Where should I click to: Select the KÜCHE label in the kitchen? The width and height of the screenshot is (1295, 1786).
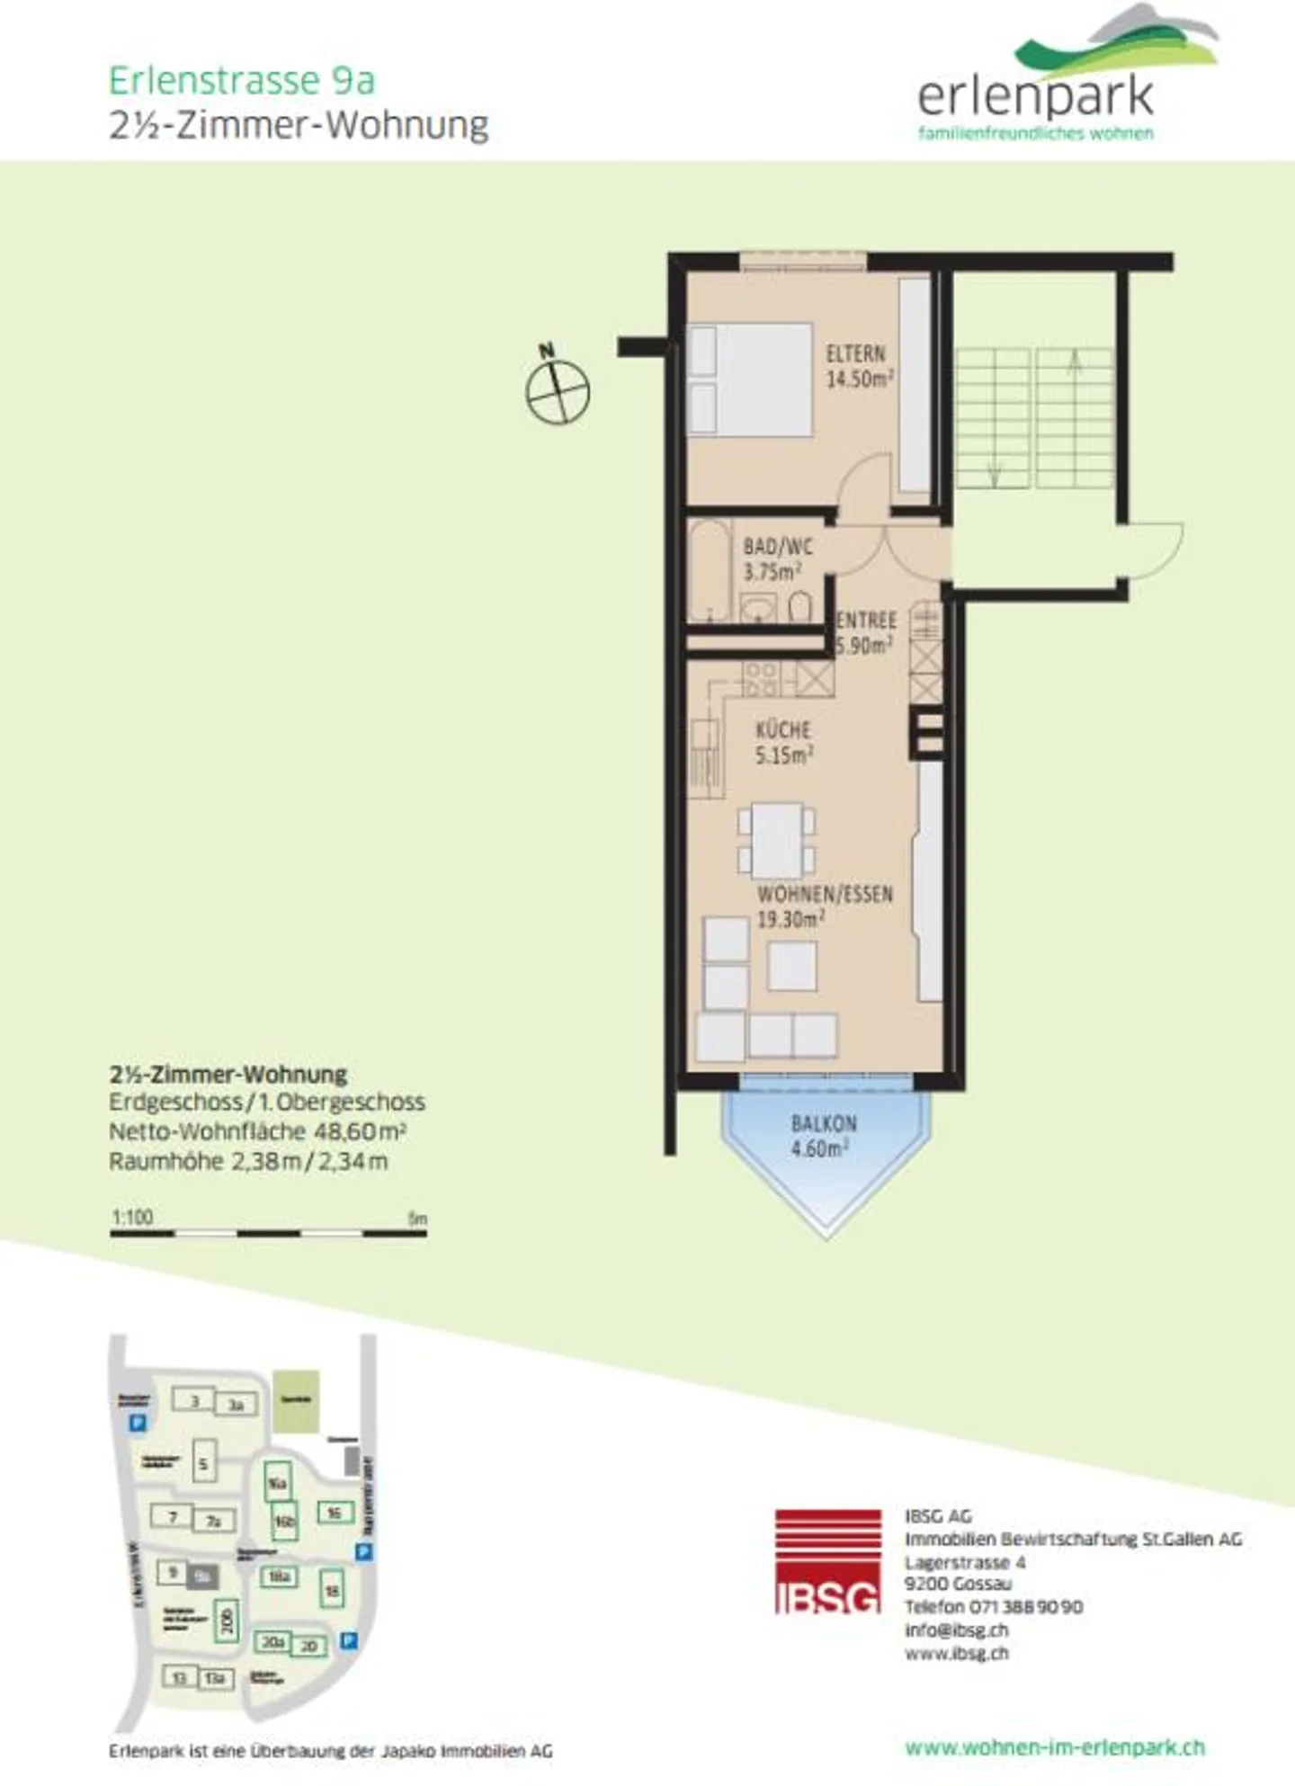point(782,730)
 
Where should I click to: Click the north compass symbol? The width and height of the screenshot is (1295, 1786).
point(558,391)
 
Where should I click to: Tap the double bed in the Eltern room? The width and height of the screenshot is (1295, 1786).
point(751,380)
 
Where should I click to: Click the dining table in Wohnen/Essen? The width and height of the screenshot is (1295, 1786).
point(777,840)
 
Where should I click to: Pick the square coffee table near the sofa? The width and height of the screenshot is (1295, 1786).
point(792,966)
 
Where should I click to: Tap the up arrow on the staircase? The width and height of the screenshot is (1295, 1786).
point(1074,362)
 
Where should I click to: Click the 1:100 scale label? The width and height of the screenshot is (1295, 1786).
point(132,1217)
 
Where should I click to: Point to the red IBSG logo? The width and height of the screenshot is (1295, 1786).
point(827,1561)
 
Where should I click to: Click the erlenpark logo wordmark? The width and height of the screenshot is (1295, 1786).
point(1035,97)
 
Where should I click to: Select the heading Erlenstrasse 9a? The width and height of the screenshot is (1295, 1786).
point(241,81)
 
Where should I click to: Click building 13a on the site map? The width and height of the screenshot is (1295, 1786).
point(215,1678)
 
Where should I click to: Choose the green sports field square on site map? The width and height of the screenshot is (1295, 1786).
point(296,1400)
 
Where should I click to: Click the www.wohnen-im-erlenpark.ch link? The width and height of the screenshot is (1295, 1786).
point(1054,1747)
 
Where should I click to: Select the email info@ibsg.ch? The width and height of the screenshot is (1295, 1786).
point(956,1630)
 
